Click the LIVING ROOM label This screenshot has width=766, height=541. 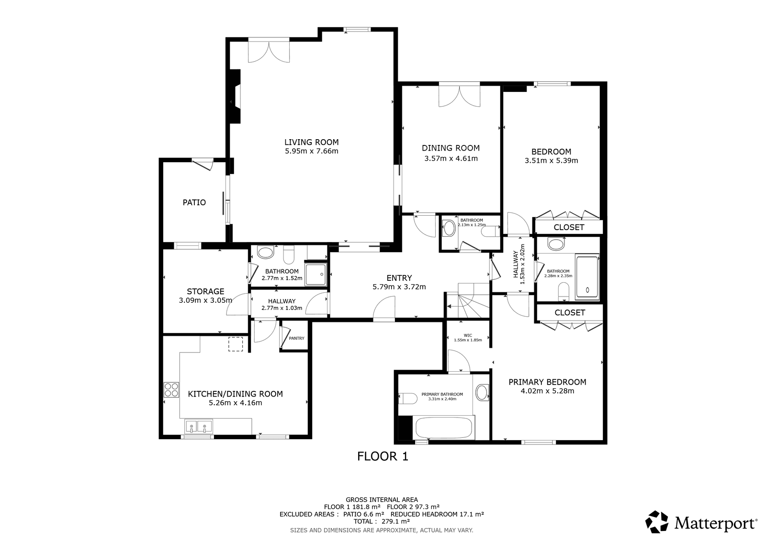[311, 142]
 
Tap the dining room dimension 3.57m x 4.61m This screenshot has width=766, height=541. [451, 159]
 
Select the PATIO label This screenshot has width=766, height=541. [194, 203]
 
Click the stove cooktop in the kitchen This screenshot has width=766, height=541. [171, 389]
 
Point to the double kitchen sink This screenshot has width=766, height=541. [199, 426]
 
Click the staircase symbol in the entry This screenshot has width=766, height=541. [468, 300]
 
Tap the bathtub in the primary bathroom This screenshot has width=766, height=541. [444, 428]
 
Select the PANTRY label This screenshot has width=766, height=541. [296, 338]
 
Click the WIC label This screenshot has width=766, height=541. [468, 335]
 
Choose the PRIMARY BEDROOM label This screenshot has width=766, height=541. [547, 382]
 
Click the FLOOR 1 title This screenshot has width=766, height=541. [383, 456]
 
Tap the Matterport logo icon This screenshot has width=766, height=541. [656, 522]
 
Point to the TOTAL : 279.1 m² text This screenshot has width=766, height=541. [382, 521]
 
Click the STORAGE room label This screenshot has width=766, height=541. [205, 291]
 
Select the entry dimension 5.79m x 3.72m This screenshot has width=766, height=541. [399, 287]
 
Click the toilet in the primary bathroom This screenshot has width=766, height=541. [408, 398]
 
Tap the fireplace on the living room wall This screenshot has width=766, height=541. [235, 96]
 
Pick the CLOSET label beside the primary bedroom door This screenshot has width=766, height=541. [570, 313]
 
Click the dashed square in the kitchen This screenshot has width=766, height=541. [236, 344]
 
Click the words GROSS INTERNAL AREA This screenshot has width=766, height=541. [382, 500]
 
